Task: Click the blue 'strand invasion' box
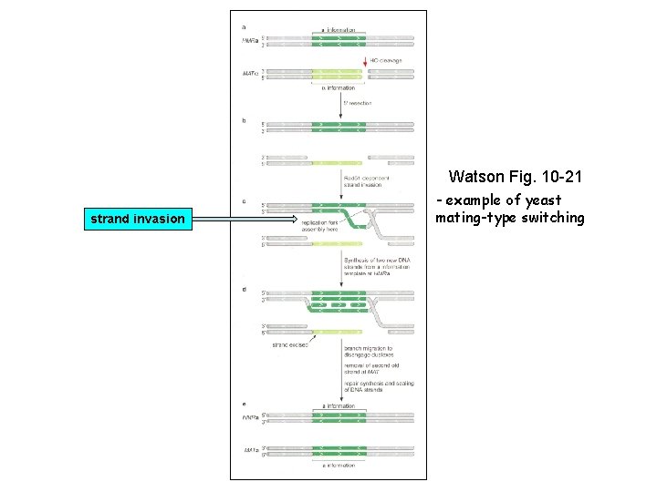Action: pos(135,219)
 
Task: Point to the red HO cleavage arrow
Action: pos(365,63)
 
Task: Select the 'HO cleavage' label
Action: pos(385,60)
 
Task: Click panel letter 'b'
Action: pos(244,119)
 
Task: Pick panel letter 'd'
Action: pos(244,289)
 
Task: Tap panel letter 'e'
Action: pos(244,404)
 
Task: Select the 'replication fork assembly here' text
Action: pos(318,225)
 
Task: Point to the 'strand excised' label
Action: pos(290,345)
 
